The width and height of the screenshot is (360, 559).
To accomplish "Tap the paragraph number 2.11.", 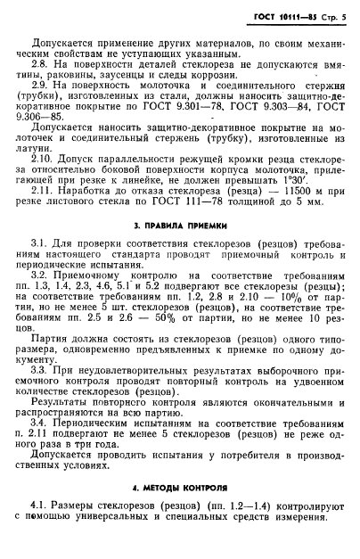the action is [44, 216].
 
